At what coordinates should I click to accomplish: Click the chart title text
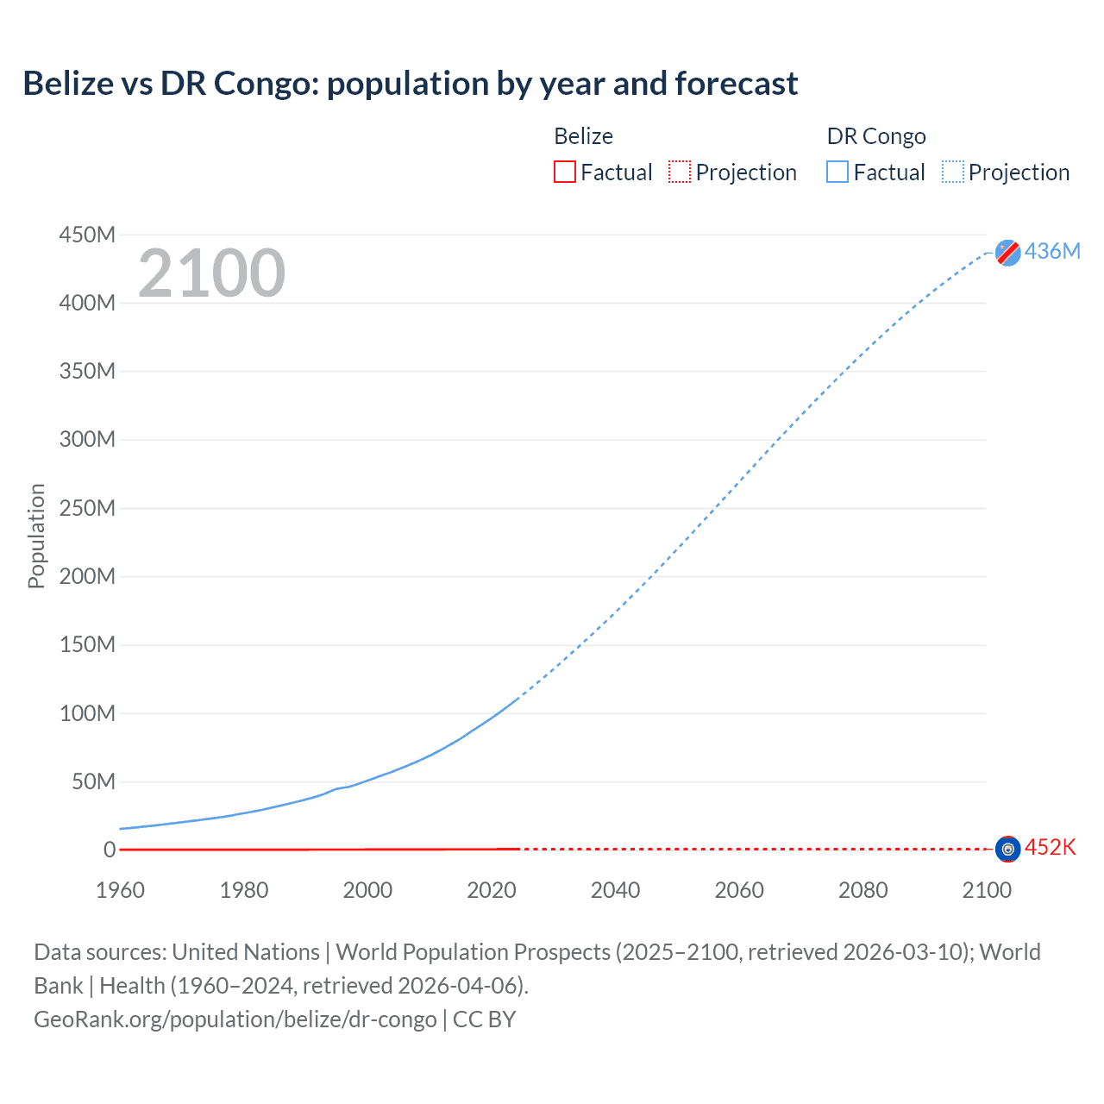(410, 84)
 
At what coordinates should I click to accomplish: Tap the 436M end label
(1052, 251)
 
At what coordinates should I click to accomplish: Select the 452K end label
(1050, 847)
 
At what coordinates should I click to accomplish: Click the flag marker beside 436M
(1007, 253)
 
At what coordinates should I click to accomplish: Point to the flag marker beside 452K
(1007, 849)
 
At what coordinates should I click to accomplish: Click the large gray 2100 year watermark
(211, 273)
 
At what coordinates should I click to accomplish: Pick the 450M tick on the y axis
(87, 235)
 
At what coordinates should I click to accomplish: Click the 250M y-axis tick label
(87, 508)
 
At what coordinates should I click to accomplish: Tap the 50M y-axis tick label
(93, 781)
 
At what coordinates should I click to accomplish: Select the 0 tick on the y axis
(110, 850)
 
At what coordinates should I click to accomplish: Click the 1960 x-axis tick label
(120, 890)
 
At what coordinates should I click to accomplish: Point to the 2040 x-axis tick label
(615, 890)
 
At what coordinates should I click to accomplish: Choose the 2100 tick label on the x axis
(987, 890)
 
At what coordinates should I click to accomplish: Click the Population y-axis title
(36, 536)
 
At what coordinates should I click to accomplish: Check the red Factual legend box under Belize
(564, 172)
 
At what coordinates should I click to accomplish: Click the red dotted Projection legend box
(680, 172)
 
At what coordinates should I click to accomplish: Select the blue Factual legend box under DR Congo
(837, 172)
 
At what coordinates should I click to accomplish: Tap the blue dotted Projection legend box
(952, 172)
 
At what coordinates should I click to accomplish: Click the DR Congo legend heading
(875, 136)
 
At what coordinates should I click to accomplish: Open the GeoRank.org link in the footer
(235, 1019)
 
